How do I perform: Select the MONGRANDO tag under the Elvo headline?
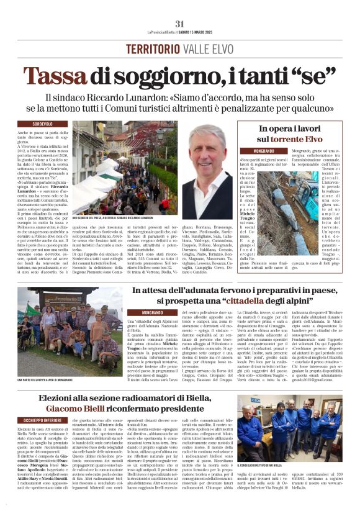[263, 151]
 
